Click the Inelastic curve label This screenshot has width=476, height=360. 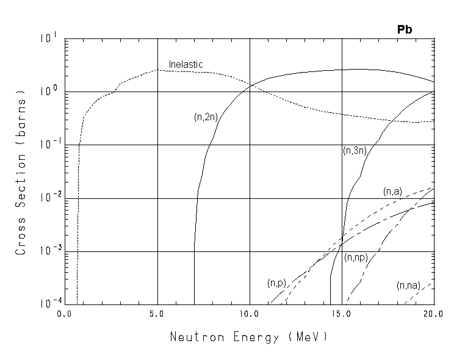tap(186, 64)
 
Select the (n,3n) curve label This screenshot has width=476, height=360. tap(354, 151)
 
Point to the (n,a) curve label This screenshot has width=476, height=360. tap(392, 192)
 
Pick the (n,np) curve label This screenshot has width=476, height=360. tap(355, 257)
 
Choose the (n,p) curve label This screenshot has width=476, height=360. tap(276, 283)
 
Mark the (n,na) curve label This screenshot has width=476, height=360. tap(408, 285)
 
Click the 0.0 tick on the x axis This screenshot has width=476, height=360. tap(64, 314)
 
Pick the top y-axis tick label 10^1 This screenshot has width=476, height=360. tap(49, 38)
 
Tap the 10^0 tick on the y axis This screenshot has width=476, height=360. tap(49, 90)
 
